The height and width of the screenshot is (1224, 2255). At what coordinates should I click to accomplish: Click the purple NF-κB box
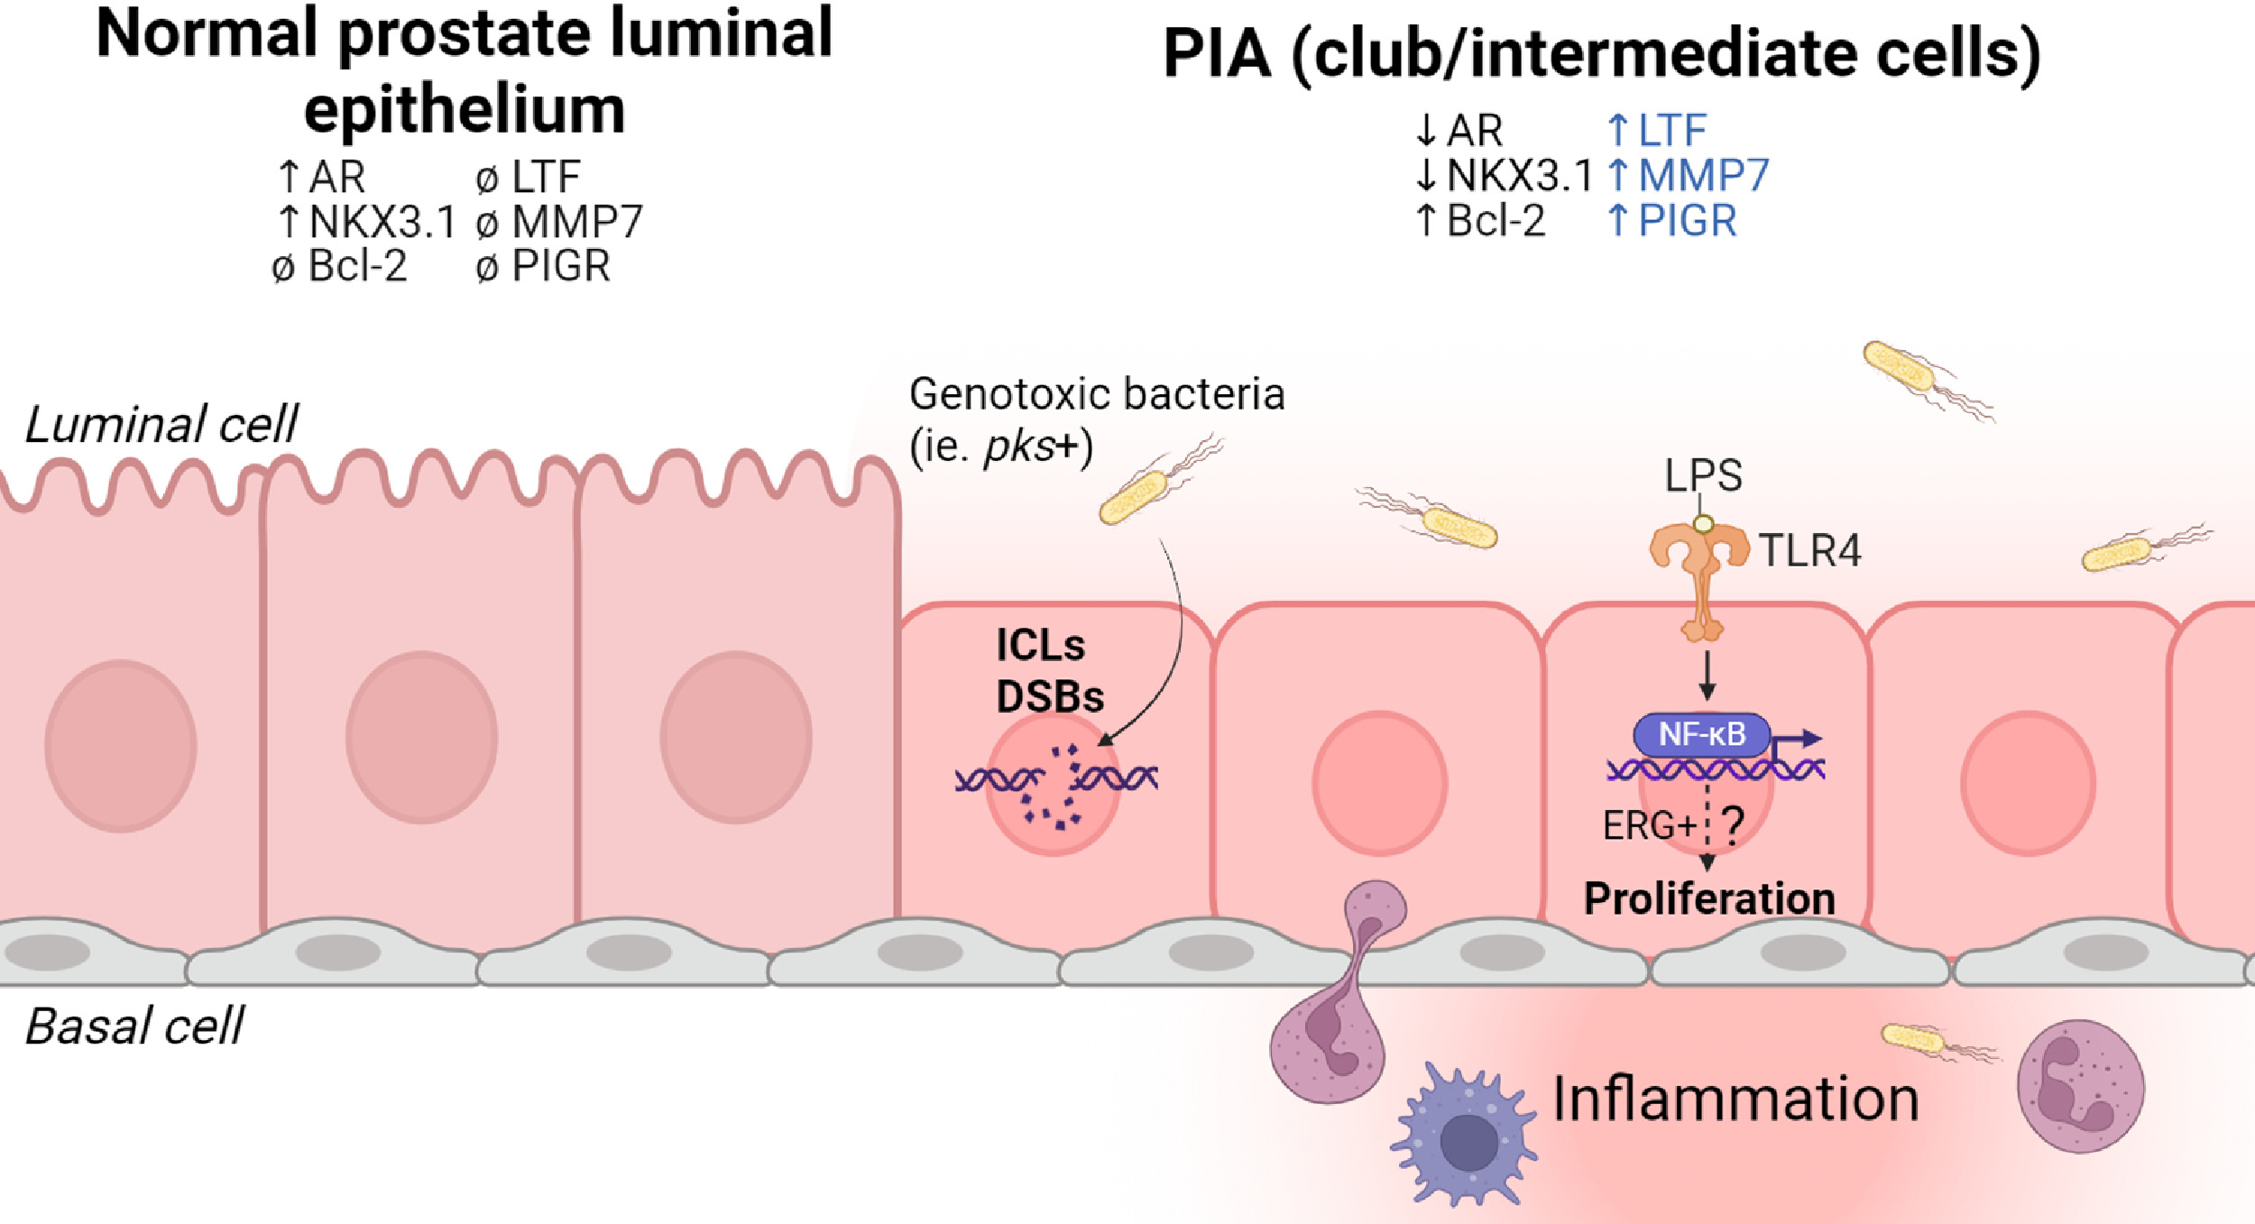point(1701,735)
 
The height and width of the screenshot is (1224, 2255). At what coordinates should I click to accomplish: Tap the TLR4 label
point(1809,551)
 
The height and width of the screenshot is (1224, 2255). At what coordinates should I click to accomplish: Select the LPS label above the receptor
point(1703,475)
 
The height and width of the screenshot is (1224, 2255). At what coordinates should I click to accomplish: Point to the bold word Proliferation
point(1709,898)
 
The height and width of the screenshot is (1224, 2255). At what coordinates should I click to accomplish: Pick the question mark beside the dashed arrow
point(1733,824)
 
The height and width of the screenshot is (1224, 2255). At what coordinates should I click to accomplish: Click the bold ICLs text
point(1040,646)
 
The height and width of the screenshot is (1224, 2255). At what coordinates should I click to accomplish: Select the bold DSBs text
point(1050,697)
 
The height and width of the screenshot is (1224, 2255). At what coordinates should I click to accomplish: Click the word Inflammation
point(1735,1099)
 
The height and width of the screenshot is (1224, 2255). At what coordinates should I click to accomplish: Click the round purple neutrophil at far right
point(2080,1086)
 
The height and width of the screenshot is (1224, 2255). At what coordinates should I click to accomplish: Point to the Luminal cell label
point(161,425)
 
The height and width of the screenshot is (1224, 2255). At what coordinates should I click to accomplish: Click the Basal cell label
point(134,1026)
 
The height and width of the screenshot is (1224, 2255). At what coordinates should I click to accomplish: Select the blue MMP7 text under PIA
point(1703,176)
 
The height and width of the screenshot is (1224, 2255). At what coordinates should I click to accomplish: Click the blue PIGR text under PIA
point(1687,221)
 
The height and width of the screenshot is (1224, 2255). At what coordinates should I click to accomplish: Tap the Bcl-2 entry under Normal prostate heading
point(356,266)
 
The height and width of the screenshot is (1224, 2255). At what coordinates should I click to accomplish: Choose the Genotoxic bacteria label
point(1096,394)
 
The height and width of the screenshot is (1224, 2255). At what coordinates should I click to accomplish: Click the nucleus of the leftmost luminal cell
point(121,745)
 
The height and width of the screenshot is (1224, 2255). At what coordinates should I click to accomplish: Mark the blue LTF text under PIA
point(1671,131)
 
